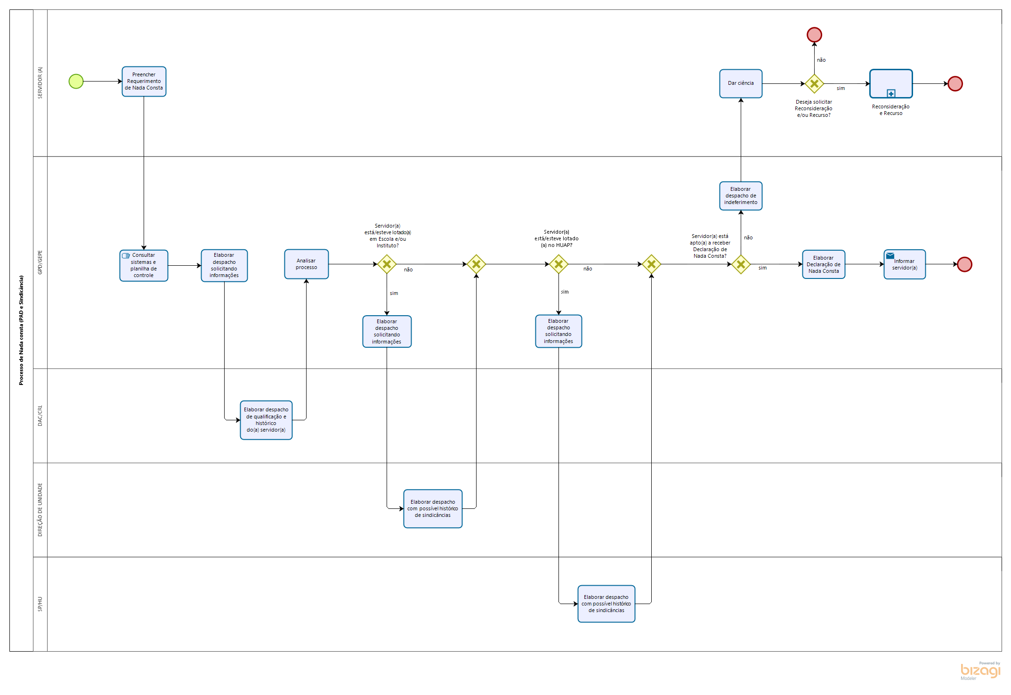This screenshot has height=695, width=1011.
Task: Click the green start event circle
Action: pos(76,82)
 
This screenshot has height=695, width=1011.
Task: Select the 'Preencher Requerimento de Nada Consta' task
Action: pos(144,82)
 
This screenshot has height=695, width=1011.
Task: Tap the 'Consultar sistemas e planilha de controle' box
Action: pos(144,265)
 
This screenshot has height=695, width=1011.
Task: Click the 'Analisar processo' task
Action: pos(307,264)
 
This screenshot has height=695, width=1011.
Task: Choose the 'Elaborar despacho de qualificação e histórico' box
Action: pos(266,420)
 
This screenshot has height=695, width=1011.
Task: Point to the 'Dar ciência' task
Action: pos(741,83)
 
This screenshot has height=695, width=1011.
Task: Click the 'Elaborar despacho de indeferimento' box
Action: pos(741,196)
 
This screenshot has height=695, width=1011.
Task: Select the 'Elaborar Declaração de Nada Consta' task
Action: pos(824,264)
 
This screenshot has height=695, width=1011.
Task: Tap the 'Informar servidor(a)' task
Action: pos(905,264)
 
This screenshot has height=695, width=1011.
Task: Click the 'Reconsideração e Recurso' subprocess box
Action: pos(891,83)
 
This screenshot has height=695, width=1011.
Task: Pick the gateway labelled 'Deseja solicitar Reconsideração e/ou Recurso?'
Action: pos(814,84)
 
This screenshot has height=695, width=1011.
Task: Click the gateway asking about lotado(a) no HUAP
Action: pos(558,264)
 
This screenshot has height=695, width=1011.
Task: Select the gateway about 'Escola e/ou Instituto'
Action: pos(387,264)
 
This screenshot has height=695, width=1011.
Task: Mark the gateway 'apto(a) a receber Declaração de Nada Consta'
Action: pos(741,264)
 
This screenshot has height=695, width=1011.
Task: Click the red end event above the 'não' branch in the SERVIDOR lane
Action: pos(814,35)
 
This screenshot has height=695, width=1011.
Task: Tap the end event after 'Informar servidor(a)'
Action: pos(964,264)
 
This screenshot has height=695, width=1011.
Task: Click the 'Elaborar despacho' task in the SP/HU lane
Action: pos(607,604)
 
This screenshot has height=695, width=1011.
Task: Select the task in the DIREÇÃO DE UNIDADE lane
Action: pos(433,508)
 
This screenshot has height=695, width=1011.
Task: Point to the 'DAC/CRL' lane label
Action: pos(40,416)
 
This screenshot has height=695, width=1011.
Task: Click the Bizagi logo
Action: pos(980,671)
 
